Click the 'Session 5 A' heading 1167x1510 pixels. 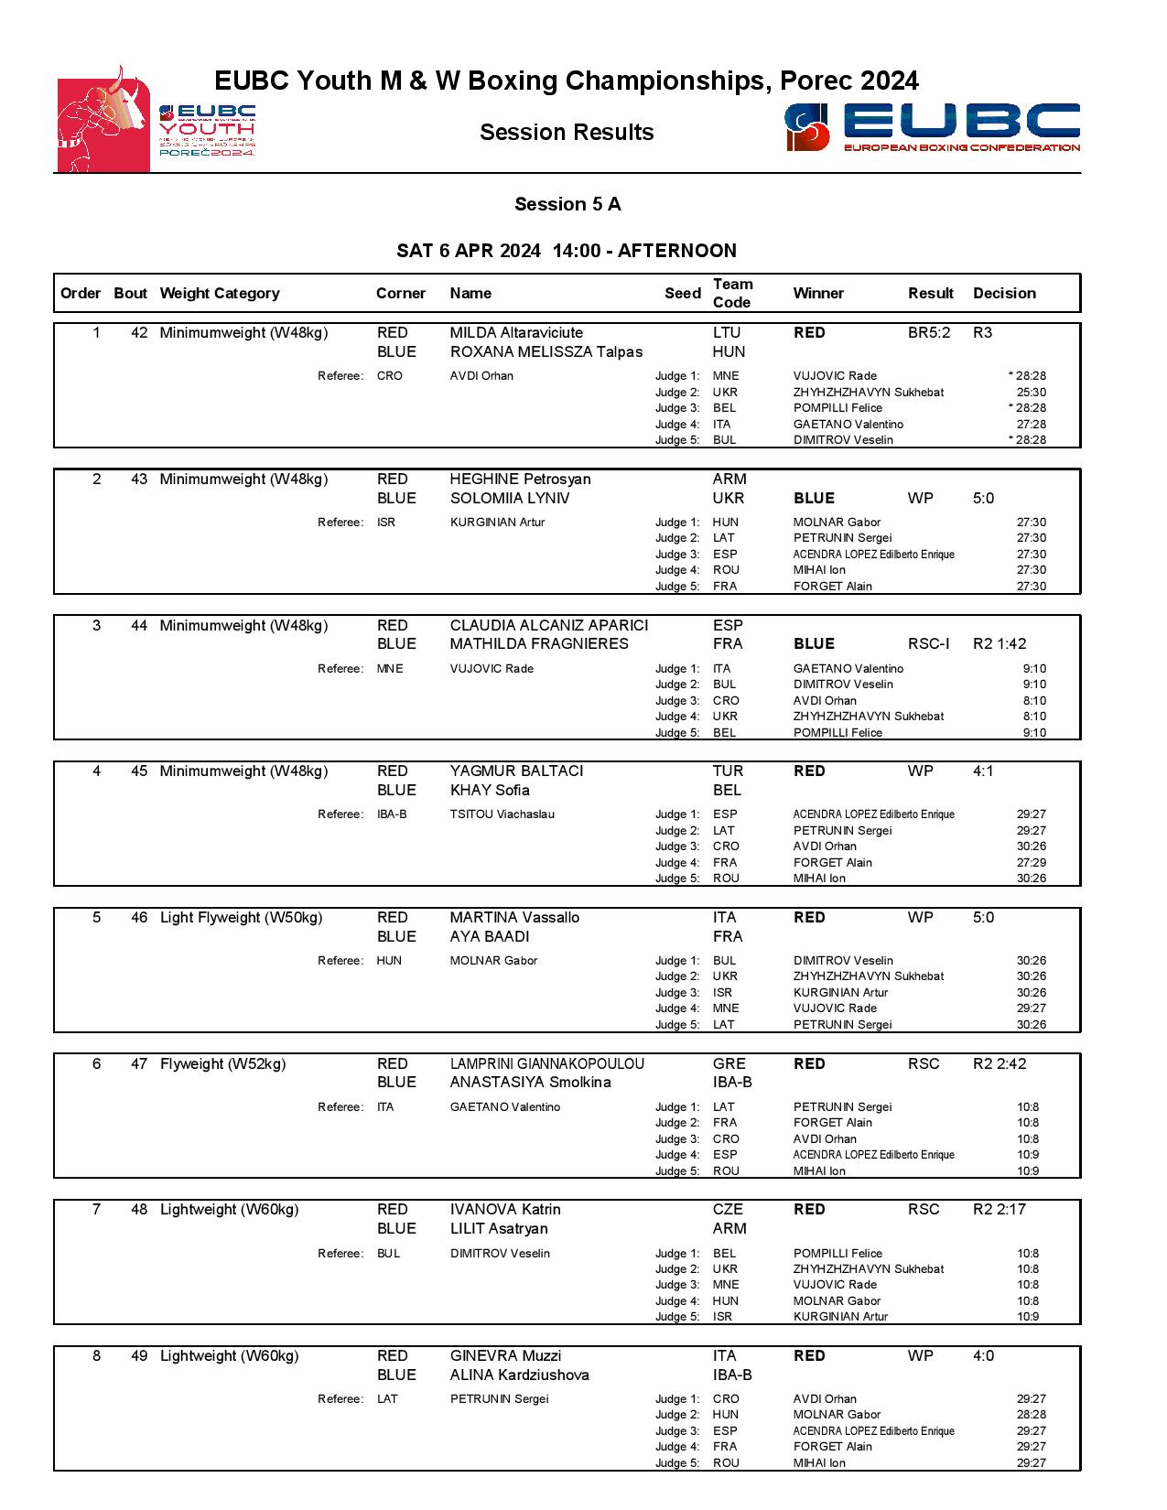[x=567, y=204]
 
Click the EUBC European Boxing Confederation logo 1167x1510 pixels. [x=932, y=127]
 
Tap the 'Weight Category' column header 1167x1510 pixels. [x=219, y=294]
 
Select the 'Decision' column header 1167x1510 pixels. [x=1004, y=294]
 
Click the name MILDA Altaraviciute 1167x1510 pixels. [x=516, y=333]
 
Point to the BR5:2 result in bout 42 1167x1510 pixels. [x=929, y=333]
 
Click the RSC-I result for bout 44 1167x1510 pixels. [x=928, y=644]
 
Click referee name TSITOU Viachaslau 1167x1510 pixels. [x=502, y=814]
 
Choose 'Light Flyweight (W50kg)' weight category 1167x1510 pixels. [x=241, y=918]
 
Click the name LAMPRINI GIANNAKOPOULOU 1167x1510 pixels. [x=546, y=1064]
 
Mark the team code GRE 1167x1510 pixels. [x=729, y=1064]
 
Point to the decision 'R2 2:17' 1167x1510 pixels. [x=1000, y=1210]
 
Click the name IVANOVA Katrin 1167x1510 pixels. [x=505, y=1210]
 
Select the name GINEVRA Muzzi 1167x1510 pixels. [x=505, y=1356]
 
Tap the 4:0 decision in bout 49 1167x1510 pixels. [x=983, y=1356]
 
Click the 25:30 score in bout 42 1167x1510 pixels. [x=1031, y=393]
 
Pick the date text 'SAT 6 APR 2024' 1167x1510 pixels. [x=469, y=252]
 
